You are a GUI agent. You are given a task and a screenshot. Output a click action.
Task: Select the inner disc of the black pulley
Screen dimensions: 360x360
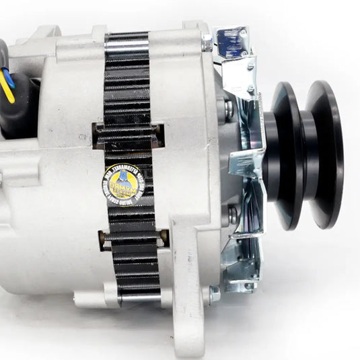(x=286, y=158)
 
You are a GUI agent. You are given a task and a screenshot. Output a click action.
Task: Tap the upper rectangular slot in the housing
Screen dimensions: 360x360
(x=128, y=135)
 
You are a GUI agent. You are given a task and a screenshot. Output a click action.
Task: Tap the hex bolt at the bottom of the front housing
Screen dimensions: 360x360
(x=214, y=294)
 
